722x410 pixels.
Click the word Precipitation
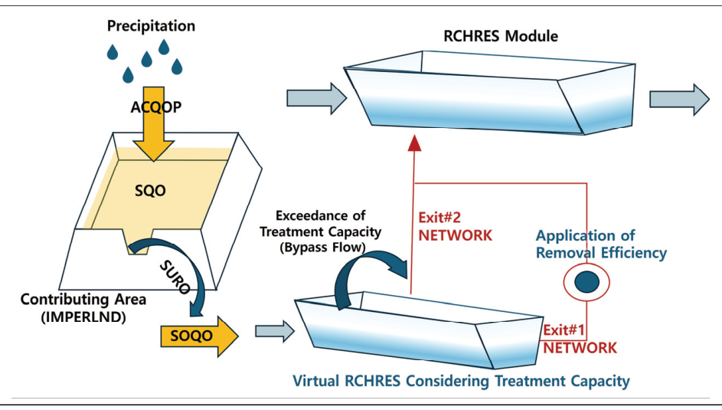151,26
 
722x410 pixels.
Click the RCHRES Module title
501,36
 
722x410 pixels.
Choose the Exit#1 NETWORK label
580,339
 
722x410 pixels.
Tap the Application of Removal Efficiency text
601,244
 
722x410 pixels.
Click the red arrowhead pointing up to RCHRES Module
414,143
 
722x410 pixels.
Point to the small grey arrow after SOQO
273,331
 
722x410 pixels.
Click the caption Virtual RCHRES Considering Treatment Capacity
461,380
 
